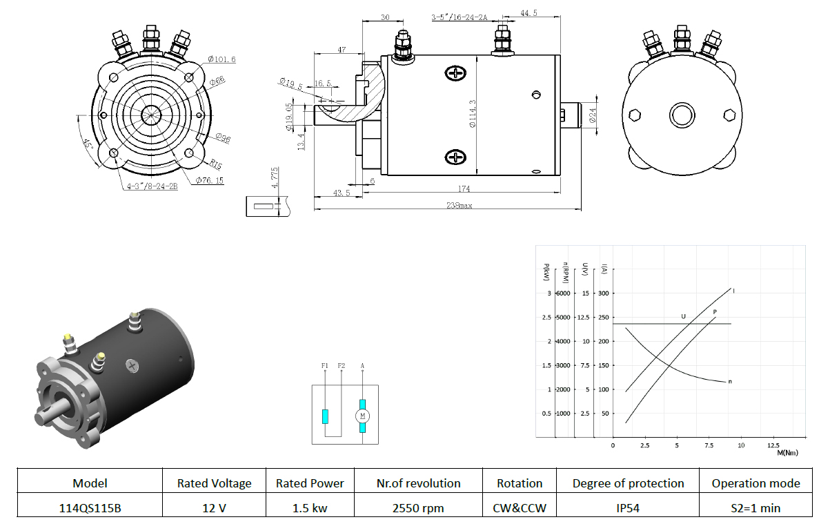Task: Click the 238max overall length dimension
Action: click(459, 205)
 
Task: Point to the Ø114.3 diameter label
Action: click(473, 114)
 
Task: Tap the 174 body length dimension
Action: click(464, 188)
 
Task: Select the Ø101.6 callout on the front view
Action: click(221, 59)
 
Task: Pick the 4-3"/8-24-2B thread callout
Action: click(152, 186)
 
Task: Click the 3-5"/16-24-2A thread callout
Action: click(459, 17)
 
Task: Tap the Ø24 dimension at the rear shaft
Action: click(592, 115)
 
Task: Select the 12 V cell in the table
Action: click(214, 507)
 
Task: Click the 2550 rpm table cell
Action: click(418, 507)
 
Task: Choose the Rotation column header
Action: click(520, 483)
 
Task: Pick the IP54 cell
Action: click(628, 507)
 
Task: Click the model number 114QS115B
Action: click(90, 507)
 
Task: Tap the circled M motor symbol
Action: click(362, 416)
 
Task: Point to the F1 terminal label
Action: click(325, 366)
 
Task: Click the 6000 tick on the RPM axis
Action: click(563, 293)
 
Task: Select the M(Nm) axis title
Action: click(787, 453)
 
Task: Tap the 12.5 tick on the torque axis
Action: click(773, 445)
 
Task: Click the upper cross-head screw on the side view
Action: click(455, 73)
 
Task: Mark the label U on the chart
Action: click(683, 316)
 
